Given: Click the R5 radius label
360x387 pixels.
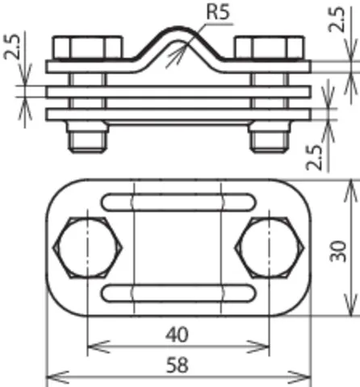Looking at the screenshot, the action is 218,12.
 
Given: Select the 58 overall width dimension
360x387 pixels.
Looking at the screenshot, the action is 177,365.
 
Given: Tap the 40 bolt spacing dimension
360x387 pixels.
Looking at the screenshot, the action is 177,335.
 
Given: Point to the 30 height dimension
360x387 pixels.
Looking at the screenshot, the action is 338,251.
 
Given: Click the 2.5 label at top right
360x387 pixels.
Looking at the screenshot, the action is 337,19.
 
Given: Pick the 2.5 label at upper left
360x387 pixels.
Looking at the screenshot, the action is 12,46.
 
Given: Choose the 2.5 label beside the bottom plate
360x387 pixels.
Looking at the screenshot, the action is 315,158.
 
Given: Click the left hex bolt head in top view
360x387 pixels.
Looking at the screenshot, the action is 88,248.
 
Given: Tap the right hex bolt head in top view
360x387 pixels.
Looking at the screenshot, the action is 270,248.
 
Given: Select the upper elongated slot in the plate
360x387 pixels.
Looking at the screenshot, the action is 178,202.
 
